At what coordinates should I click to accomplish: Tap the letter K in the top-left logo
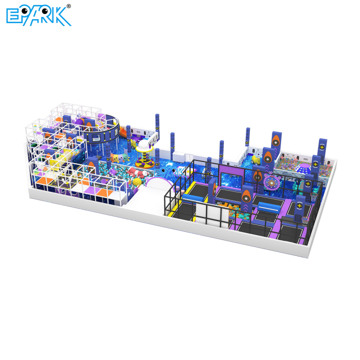63,16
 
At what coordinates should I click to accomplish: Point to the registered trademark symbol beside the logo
69,6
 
